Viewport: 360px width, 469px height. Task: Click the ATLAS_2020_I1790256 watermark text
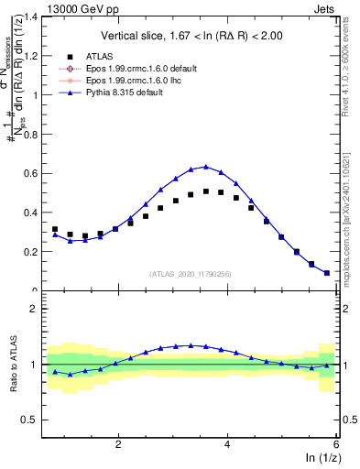191,273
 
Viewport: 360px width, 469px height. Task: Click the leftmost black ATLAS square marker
55,229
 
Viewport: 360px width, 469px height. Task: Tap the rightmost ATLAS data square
327,273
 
